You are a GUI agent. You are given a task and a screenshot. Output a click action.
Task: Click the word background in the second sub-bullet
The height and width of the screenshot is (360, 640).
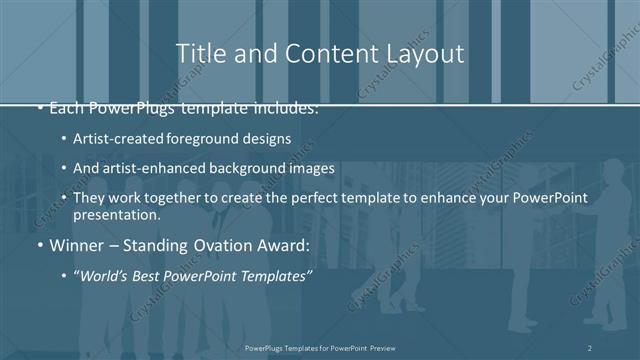point(251,168)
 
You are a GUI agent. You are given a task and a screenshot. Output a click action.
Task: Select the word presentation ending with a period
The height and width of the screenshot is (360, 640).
point(116,214)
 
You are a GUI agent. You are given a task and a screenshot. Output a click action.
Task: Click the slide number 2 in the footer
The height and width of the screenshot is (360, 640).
point(590,347)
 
